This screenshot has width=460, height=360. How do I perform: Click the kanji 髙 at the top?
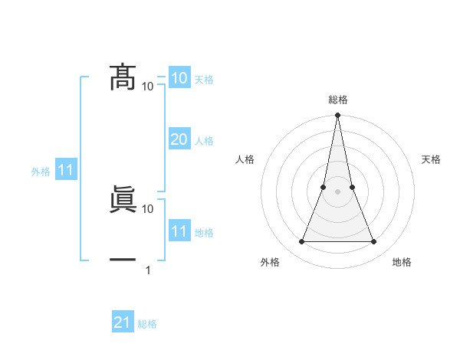[x=123, y=78]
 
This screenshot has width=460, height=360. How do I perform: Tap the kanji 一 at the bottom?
[x=123, y=260]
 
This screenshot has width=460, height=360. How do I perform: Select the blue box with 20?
[x=179, y=139]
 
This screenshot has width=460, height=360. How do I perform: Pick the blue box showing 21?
[x=123, y=322]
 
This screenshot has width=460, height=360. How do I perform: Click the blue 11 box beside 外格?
[x=65, y=171]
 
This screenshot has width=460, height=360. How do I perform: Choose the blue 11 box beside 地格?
[x=179, y=231]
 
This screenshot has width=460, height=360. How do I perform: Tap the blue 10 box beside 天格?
[x=179, y=78]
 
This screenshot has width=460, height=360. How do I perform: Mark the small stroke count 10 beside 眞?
[x=147, y=208]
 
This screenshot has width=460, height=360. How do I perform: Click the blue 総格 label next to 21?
[x=147, y=324]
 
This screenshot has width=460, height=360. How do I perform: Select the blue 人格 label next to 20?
[x=204, y=141]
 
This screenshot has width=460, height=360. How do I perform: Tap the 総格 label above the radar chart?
[x=337, y=100]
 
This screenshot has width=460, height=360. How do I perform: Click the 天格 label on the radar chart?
[x=432, y=159]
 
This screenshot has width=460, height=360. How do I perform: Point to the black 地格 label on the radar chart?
[x=402, y=262]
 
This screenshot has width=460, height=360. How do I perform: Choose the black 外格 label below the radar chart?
[x=270, y=262]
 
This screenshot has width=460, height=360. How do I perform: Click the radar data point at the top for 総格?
[x=337, y=116]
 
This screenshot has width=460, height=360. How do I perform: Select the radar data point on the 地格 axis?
[x=373, y=242]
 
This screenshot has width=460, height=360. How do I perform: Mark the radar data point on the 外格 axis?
[x=301, y=242]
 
